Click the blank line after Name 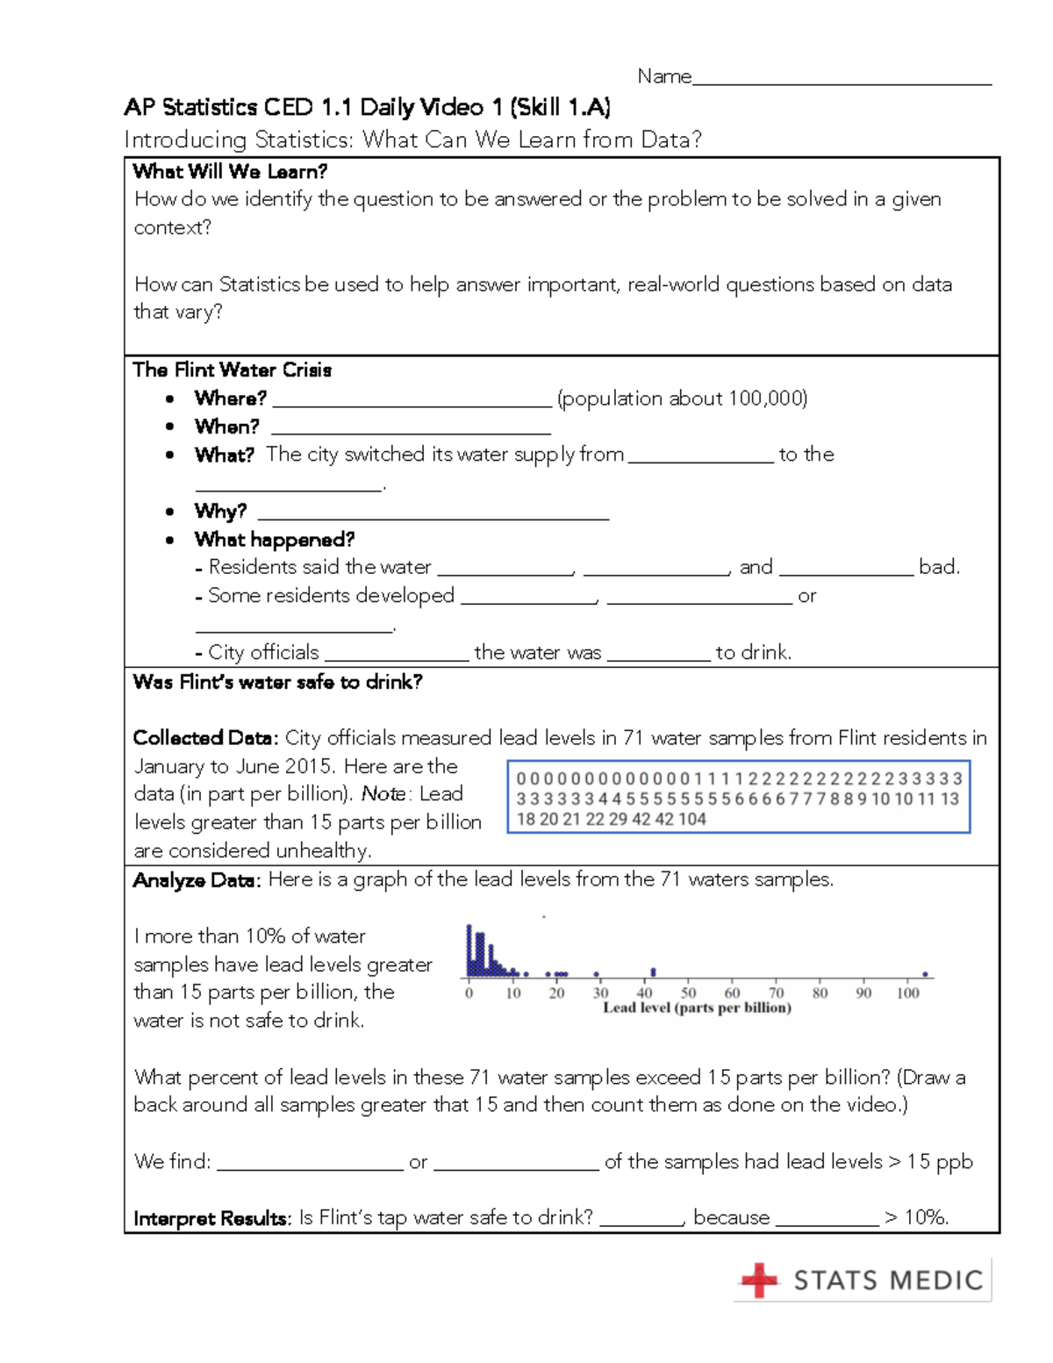click(x=842, y=80)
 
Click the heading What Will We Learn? click(x=230, y=171)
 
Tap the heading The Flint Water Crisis click(x=232, y=369)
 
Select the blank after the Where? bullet click(x=412, y=401)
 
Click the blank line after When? click(x=411, y=429)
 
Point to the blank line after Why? click(x=433, y=514)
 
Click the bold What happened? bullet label click(x=274, y=539)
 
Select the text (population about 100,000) click(x=682, y=398)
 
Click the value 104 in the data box click(x=691, y=819)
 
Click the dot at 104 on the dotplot click(x=925, y=974)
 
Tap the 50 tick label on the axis click(x=689, y=993)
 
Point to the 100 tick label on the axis click(x=907, y=993)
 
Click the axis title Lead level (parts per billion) click(x=697, y=1008)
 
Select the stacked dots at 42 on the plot click(x=653, y=972)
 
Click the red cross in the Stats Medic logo click(x=759, y=1280)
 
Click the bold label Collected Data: click(x=205, y=738)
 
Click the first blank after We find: click(x=310, y=1164)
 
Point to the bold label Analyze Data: click(x=197, y=880)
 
